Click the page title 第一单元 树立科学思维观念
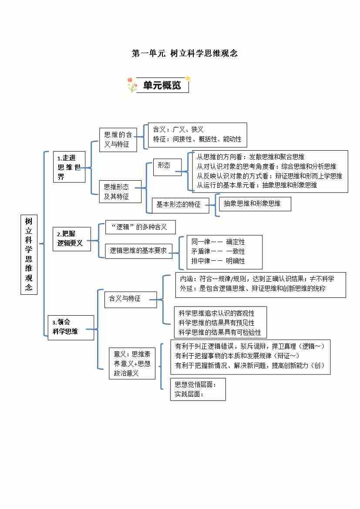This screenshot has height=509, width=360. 185,54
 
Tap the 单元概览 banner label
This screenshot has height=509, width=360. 162,86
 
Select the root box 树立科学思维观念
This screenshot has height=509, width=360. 29,254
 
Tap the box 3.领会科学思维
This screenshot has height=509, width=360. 71,327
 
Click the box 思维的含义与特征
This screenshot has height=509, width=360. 118,139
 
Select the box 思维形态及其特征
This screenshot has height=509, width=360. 116,192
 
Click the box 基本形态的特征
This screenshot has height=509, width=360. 178,204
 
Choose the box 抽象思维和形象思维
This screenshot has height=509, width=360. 254,203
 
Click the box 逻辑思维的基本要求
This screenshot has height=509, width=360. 138,251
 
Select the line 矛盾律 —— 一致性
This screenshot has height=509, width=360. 218,251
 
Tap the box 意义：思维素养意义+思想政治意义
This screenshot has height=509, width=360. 132,364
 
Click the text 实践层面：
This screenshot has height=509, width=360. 189,394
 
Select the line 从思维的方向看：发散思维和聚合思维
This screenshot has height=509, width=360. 250,157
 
